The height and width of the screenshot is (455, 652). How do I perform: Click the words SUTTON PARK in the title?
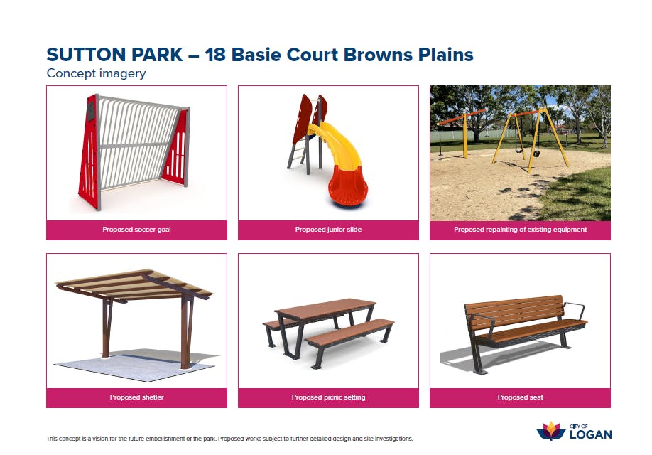coord(115,55)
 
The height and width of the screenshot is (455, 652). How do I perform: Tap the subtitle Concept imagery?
coord(96,73)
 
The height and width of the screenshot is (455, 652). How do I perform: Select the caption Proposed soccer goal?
coord(136,230)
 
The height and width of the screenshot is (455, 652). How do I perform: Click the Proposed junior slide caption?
coord(328,230)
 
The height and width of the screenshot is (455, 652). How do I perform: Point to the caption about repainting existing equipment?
coord(520,230)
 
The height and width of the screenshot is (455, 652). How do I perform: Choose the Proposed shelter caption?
coord(136,397)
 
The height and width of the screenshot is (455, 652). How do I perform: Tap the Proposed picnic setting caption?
coord(328,397)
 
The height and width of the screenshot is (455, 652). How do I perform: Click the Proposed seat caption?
coord(520,397)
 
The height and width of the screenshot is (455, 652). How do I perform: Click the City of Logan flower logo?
coord(551,432)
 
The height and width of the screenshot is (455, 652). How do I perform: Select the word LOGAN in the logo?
coord(590,434)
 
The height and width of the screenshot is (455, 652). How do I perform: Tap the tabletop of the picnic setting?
coord(325,308)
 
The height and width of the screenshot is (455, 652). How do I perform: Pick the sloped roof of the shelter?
coord(134,285)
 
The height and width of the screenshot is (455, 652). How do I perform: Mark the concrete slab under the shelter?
coord(136,364)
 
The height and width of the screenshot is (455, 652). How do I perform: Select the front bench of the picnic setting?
coord(349,332)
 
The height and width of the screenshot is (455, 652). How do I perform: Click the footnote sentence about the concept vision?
coord(229,439)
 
